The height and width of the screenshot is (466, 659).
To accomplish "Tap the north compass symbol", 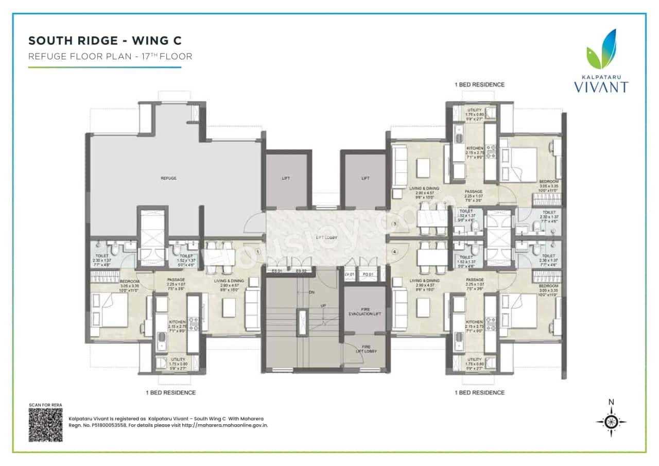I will pyautogui.click(x=611, y=422).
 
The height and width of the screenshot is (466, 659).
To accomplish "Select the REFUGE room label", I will pyautogui.click(x=168, y=178).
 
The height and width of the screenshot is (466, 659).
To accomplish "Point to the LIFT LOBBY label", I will pyautogui.click(x=326, y=237).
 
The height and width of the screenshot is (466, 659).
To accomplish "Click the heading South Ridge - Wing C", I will pyautogui.click(x=105, y=41).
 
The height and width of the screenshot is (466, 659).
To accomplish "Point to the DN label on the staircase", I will pyautogui.click(x=311, y=292).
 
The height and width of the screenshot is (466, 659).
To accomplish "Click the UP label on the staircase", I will pyautogui.click(x=323, y=305).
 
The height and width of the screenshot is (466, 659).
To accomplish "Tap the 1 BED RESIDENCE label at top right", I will pyautogui.click(x=479, y=84).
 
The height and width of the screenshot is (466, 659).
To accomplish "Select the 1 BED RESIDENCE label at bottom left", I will pyautogui.click(x=170, y=392).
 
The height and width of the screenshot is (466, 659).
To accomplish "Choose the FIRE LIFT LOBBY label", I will pyautogui.click(x=366, y=349).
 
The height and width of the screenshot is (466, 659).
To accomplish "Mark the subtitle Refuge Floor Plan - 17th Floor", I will pyautogui.click(x=110, y=57).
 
